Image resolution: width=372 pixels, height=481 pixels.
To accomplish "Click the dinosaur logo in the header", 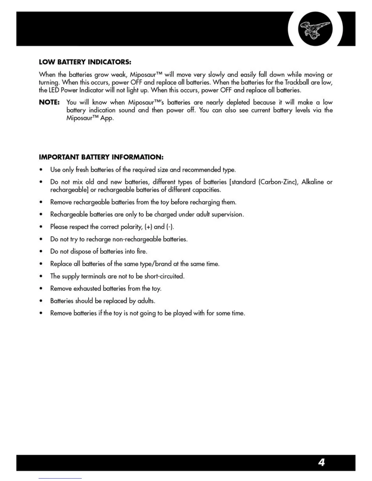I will point(315,29).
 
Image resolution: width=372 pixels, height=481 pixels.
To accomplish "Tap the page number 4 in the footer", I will point(322,462).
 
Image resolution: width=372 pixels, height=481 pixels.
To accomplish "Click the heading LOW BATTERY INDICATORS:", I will point(85,62).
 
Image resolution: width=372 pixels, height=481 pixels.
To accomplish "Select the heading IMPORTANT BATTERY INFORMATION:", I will point(101,157).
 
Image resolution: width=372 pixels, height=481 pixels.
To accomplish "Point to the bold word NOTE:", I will point(49,102).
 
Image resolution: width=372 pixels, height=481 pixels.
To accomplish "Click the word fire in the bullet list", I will point(141,251).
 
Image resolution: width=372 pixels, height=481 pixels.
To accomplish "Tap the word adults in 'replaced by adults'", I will point(146,301).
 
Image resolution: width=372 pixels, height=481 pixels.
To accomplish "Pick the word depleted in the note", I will point(238,102).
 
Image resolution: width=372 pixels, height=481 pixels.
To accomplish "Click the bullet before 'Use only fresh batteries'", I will point(41,170).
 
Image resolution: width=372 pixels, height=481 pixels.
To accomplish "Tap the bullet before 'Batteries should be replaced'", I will point(41,301).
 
